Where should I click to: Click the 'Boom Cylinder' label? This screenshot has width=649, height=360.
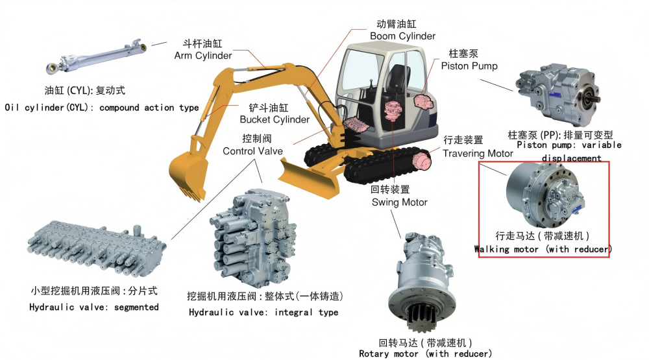click(402, 36)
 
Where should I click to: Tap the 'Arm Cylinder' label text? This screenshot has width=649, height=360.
click(202, 55)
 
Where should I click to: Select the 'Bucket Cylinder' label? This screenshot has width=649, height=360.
click(275, 119)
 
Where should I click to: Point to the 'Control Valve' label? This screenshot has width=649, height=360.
click(252, 151)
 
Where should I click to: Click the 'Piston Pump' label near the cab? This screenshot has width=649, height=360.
click(469, 66)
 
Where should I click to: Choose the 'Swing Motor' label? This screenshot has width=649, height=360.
click(399, 202)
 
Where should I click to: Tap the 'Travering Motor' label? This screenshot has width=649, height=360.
click(478, 154)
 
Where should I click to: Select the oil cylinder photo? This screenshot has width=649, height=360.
click(96, 56)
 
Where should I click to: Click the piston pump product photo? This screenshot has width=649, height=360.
click(558, 93)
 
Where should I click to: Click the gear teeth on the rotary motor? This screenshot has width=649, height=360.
click(422, 317)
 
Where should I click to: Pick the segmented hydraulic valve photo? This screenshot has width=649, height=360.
click(96, 248)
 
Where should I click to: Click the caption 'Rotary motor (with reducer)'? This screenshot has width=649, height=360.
click(426, 354)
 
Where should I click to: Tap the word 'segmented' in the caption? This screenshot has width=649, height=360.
click(136, 307)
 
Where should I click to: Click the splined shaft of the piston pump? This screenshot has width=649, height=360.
click(594, 99)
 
